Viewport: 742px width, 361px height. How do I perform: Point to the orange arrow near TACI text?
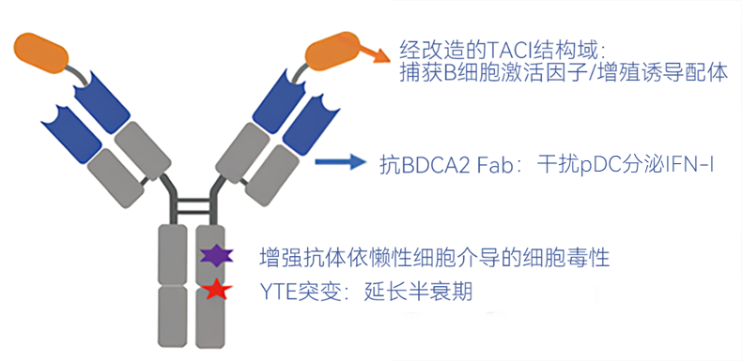click(x=374, y=51)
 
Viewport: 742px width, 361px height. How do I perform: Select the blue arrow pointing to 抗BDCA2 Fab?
click(x=341, y=162)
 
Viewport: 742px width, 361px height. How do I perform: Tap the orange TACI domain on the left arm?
click(x=41, y=51)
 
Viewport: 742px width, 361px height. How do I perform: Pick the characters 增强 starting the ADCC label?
click(x=281, y=259)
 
